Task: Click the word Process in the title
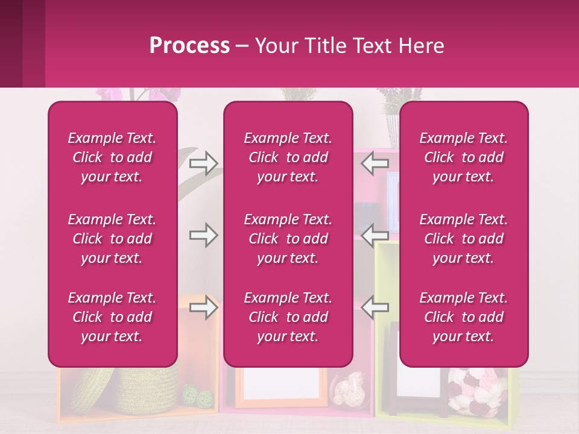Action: click(189, 46)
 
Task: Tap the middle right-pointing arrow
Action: click(203, 235)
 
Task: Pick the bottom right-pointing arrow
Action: click(203, 307)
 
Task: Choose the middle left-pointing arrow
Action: click(376, 235)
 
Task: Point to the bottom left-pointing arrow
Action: click(376, 307)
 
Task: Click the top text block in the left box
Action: click(112, 157)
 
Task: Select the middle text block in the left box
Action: click(112, 239)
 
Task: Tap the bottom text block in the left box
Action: click(112, 317)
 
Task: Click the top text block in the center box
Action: click(288, 157)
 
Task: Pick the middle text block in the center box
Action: click(288, 239)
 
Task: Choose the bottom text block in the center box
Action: click(288, 317)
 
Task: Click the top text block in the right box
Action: click(464, 157)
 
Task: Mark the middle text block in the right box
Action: click(464, 239)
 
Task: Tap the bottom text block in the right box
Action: click(464, 317)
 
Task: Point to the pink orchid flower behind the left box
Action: click(115, 94)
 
